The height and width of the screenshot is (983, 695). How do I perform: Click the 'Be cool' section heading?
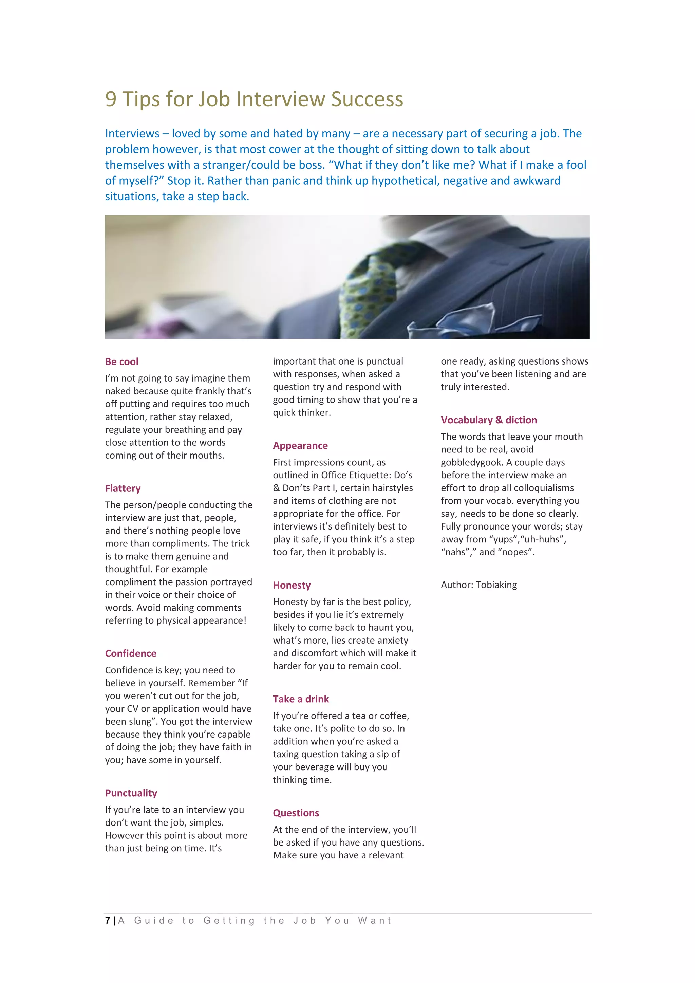[121, 362]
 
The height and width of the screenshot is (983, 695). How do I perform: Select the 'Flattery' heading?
[123, 488]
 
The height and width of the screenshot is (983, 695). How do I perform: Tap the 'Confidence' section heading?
[131, 653]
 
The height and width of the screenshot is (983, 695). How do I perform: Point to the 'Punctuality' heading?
[131, 793]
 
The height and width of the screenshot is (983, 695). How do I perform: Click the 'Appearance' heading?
[300, 446]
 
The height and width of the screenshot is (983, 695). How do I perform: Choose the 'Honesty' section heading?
[292, 585]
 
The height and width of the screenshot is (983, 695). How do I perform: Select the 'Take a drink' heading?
[301, 699]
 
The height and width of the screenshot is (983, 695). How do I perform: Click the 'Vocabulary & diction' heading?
[489, 420]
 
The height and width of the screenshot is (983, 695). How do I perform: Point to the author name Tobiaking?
[496, 585]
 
